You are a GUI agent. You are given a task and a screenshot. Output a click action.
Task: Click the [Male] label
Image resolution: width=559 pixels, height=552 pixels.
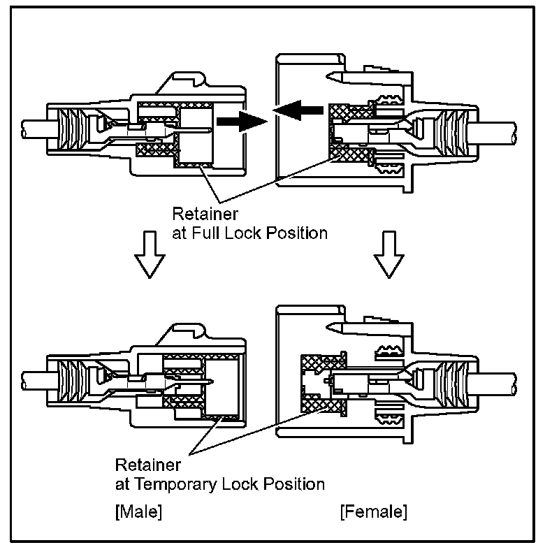coord(138,511)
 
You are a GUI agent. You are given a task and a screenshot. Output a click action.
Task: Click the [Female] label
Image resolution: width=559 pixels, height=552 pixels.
coord(373,511)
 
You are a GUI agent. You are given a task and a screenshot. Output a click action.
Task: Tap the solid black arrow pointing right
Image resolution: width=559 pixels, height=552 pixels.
coord(237,121)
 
